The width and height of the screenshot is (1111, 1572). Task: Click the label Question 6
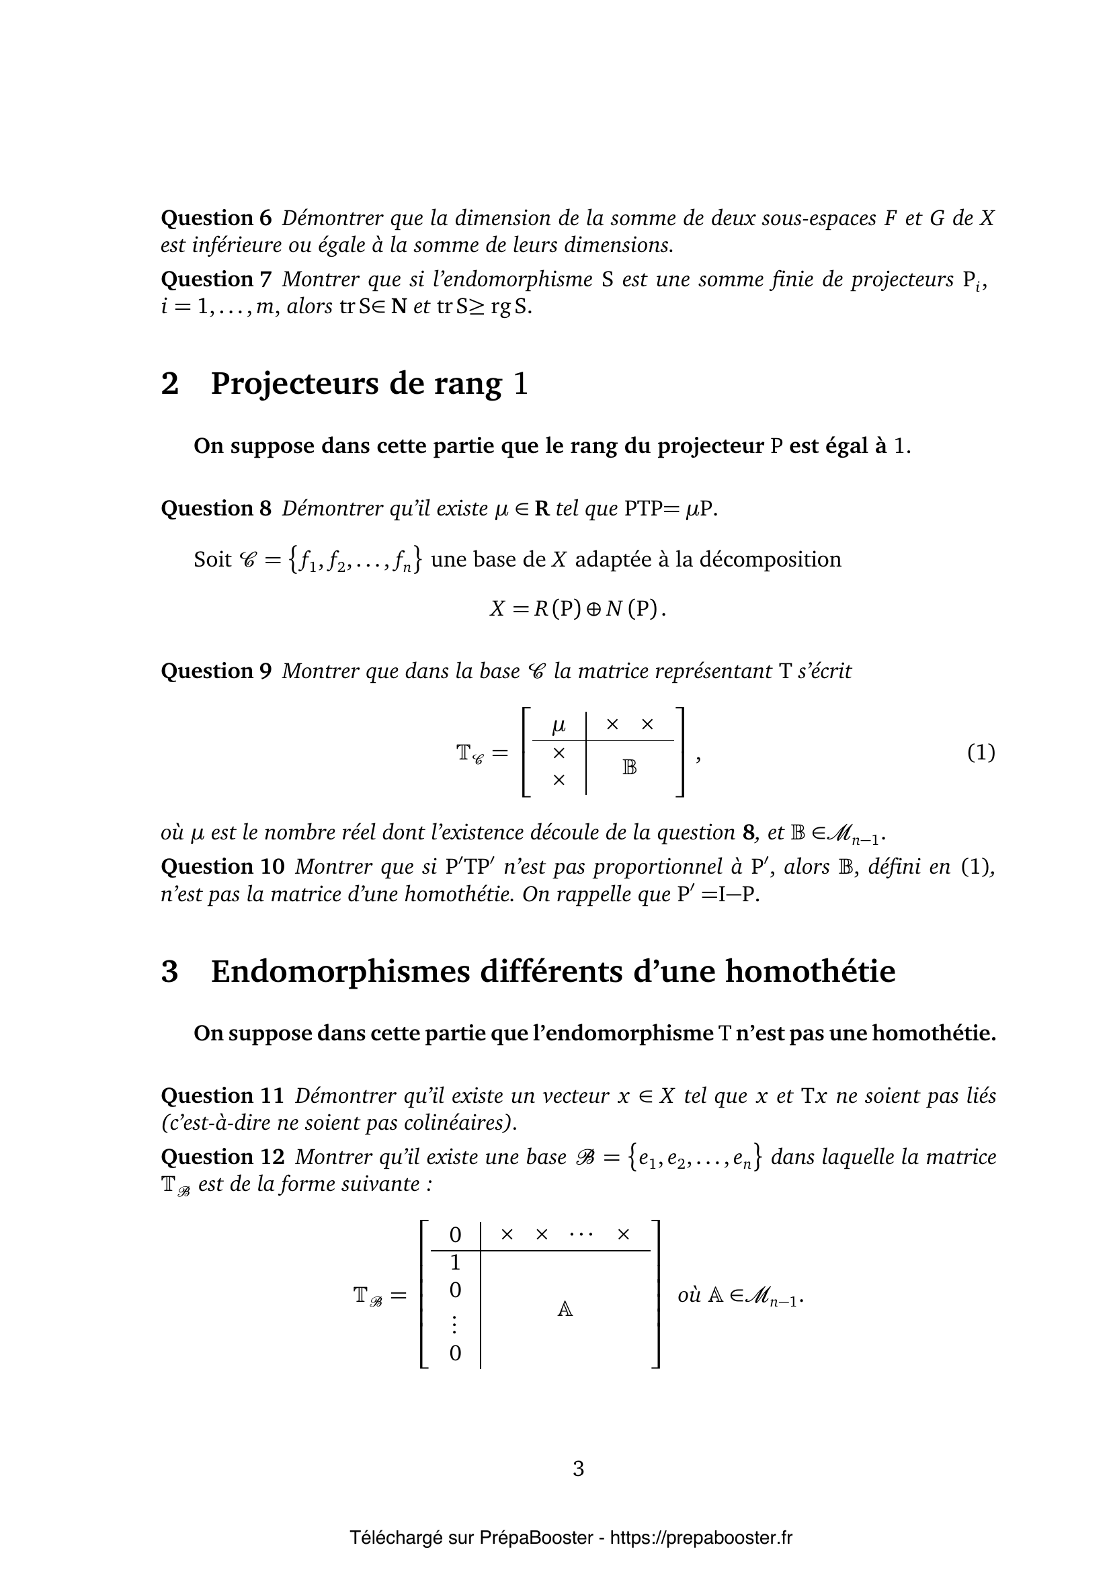tap(216, 218)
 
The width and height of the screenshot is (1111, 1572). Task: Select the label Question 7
tap(216, 280)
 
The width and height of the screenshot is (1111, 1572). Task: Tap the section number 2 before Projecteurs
tap(170, 382)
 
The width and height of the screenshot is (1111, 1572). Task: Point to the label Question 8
tap(216, 509)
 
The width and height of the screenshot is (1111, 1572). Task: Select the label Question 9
tap(216, 671)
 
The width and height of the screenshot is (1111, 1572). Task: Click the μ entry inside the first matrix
tap(559, 725)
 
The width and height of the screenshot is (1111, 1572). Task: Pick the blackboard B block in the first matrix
tap(630, 768)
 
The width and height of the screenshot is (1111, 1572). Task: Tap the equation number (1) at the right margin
tap(980, 753)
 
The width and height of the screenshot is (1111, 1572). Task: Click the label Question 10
tap(222, 867)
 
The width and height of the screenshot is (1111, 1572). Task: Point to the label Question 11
tap(222, 1096)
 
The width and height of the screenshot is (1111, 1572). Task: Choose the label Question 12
tap(222, 1157)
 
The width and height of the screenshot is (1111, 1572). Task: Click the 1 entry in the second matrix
tap(455, 1262)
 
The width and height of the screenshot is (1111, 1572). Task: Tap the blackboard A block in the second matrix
tap(565, 1309)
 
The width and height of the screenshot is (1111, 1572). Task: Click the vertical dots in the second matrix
tap(455, 1324)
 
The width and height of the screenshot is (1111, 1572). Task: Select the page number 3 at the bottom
tap(579, 1468)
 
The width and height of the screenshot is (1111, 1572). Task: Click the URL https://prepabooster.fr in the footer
tap(701, 1538)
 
